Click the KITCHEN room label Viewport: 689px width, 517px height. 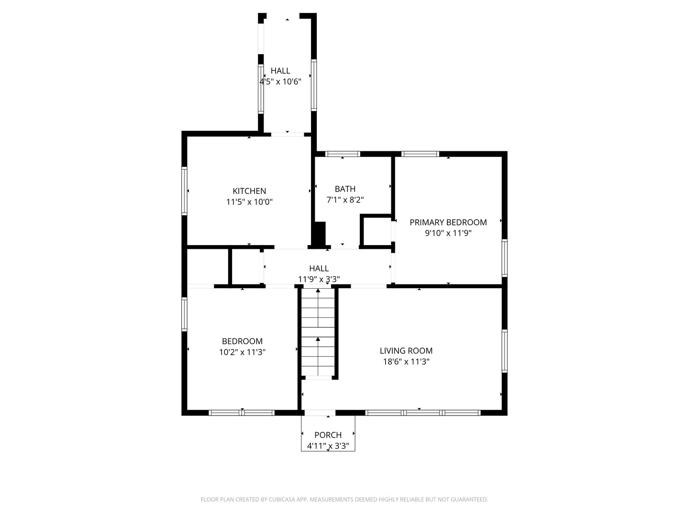click(249, 191)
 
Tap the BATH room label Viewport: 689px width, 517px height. click(345, 189)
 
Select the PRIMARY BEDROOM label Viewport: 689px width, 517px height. click(448, 222)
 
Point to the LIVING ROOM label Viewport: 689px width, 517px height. click(406, 351)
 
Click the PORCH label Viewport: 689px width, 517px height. click(328, 435)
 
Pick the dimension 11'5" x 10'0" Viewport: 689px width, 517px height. click(249, 202)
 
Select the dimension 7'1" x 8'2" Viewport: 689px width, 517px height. click(345, 200)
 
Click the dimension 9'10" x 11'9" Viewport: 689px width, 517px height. click(448, 234)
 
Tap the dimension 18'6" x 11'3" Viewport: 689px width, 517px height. click(406, 362)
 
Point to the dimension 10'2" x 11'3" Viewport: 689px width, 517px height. click(242, 352)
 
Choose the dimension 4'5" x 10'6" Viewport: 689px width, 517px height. click(280, 82)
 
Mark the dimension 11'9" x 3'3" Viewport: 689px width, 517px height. click(319, 279)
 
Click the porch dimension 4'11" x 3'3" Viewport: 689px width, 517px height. click(328, 446)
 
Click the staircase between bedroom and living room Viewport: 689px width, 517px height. click(318, 332)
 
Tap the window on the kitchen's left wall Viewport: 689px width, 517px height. click(184, 191)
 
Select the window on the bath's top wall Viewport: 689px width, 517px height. click(343, 154)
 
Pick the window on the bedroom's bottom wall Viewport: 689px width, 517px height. click(242, 413)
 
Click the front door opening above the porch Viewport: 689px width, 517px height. click(320, 413)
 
